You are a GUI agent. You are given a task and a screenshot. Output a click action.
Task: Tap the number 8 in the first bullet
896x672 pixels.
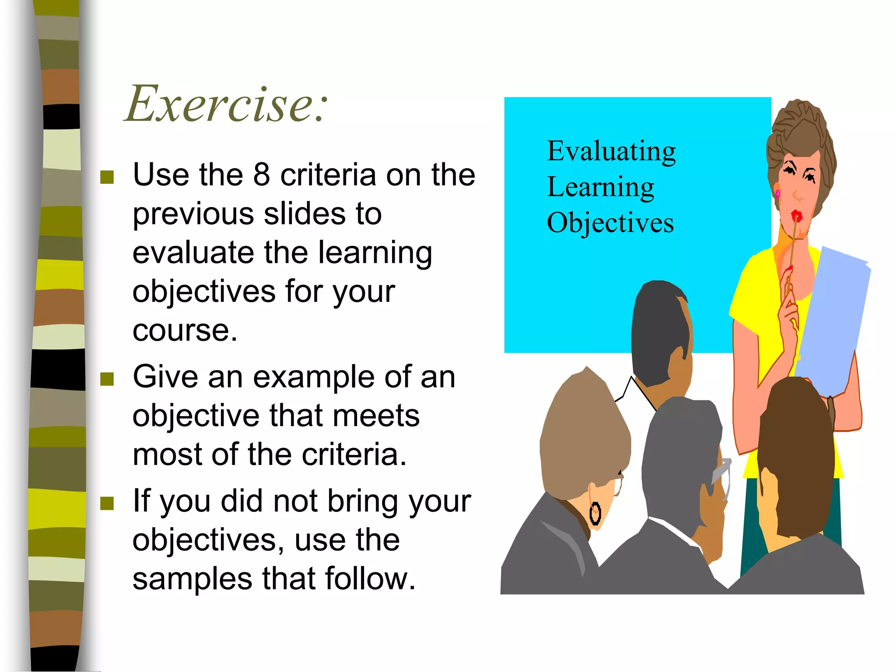pyautogui.click(x=261, y=175)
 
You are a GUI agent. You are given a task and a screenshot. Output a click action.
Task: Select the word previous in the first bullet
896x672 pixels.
pyautogui.click(x=193, y=214)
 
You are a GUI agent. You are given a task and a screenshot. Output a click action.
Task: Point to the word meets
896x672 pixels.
pyautogui.click(x=376, y=416)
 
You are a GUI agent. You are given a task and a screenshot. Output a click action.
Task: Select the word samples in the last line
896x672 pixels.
pyautogui.click(x=192, y=579)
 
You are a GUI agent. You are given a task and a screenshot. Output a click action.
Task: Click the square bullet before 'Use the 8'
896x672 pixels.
pyautogui.click(x=107, y=177)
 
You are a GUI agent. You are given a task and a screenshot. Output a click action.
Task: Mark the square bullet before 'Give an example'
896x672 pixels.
pyautogui.click(x=107, y=379)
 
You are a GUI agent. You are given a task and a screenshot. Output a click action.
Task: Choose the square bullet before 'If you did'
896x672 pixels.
pyautogui.click(x=107, y=504)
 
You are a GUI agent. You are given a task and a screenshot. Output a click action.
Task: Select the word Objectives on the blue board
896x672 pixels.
pyautogui.click(x=610, y=223)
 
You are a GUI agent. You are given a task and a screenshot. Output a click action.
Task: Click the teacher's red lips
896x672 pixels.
pyautogui.click(x=796, y=216)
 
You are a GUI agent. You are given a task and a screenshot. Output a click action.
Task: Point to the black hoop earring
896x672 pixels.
pyautogui.click(x=595, y=514)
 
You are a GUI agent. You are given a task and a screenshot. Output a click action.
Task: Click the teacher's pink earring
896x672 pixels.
pyautogui.click(x=777, y=193)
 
